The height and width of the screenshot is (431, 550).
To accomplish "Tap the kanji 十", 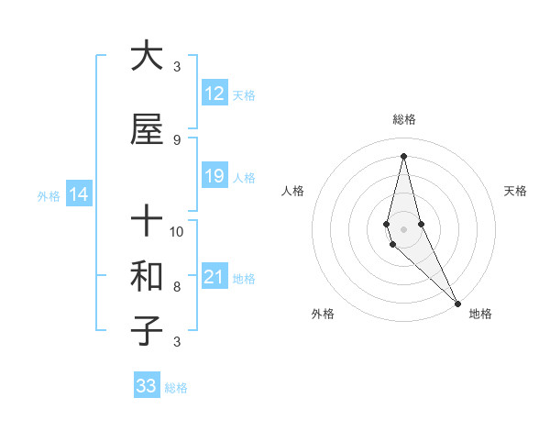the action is click(x=147, y=221).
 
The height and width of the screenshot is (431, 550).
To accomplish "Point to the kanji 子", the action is click(x=147, y=331).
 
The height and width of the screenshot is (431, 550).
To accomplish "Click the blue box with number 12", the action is click(x=214, y=94).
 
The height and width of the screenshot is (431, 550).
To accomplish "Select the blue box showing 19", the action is click(x=214, y=176).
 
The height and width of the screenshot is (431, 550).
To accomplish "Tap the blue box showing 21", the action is click(x=214, y=277).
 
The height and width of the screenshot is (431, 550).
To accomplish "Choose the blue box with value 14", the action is click(x=78, y=194).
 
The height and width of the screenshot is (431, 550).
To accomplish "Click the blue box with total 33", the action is click(x=147, y=386).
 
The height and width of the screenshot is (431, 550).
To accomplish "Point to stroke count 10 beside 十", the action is click(x=177, y=231).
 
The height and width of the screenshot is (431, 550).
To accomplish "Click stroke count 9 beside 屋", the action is click(x=176, y=139).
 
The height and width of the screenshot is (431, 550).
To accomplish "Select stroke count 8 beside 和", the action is click(x=176, y=287).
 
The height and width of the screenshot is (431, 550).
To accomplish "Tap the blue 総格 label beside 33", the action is click(x=176, y=388).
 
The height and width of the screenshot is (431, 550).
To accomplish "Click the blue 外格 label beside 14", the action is click(x=48, y=195).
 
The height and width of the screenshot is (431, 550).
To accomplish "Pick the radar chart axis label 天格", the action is click(x=515, y=191).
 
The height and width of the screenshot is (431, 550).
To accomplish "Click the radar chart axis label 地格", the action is click(x=480, y=314).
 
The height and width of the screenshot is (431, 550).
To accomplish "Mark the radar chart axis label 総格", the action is click(x=403, y=119).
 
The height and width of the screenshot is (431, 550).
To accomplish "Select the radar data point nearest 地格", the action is click(x=457, y=303).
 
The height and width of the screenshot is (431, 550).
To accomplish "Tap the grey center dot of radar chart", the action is click(x=403, y=228).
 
